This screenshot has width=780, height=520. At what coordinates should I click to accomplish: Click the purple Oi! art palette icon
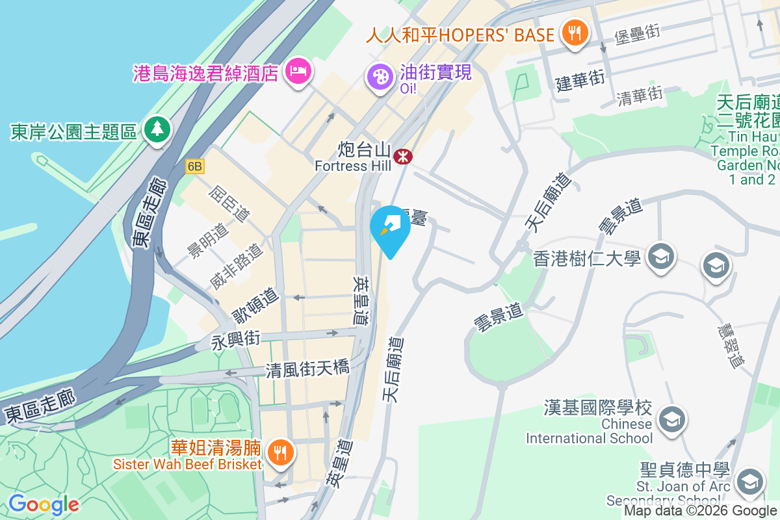click(380, 77)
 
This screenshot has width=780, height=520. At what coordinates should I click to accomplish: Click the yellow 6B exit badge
click(195, 166)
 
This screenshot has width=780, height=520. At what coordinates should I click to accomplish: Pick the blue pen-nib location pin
click(390, 227)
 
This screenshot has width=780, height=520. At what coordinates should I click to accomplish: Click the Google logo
click(44, 504)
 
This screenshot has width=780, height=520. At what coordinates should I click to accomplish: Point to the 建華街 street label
click(580, 81)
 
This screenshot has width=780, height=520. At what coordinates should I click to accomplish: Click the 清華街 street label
click(640, 96)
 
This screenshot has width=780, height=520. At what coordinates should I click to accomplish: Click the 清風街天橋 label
click(307, 369)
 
